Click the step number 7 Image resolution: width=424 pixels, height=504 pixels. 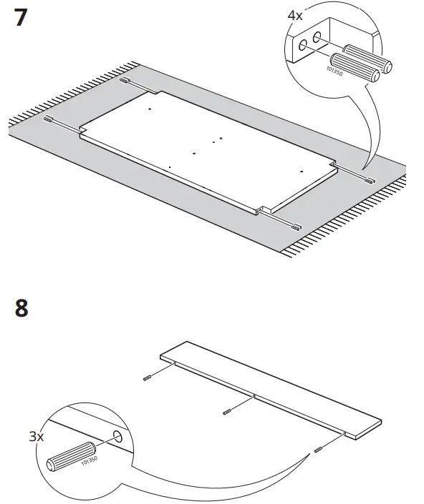click(x=21, y=18)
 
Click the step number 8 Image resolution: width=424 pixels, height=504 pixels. click(x=21, y=310)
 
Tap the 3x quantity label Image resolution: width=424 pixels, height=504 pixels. click(x=35, y=436)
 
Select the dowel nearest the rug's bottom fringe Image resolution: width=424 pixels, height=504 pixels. click(x=296, y=228)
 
